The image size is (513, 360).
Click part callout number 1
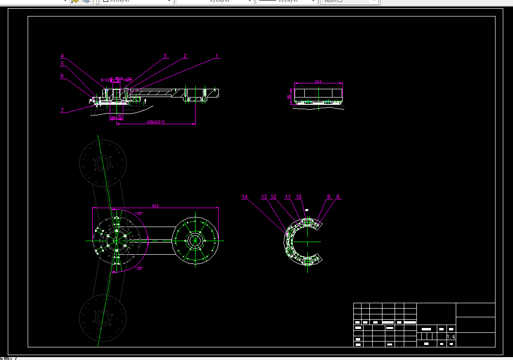tap(216, 56)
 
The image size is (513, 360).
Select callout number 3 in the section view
tap(165, 56)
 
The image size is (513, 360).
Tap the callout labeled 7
tap(62, 110)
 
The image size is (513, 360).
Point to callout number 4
tap(62, 56)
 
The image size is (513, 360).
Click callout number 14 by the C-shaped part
tap(245, 196)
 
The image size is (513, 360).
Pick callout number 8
tap(338, 196)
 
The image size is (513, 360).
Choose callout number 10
tap(298, 196)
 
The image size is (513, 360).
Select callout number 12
tap(273, 196)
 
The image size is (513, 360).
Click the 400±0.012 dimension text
tap(156, 122)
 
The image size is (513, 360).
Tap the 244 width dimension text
tap(318, 82)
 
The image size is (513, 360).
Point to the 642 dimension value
tap(155, 206)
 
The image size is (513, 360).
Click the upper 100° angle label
tap(139, 213)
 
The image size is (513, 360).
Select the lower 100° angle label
tap(139, 268)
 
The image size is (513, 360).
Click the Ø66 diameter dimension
tap(115, 117)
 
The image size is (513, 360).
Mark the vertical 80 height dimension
tap(289, 97)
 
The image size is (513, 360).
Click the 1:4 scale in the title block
tap(451, 337)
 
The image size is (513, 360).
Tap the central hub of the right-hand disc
tap(195, 241)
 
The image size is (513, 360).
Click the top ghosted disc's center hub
tap(103, 163)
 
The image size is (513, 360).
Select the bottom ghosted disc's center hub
tap(103, 318)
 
